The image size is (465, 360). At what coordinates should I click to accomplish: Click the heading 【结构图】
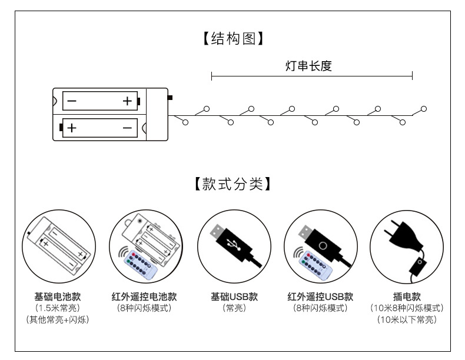(232, 39)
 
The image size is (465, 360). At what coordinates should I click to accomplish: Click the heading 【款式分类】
(232, 184)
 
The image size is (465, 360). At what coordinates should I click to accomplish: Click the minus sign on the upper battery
(72, 101)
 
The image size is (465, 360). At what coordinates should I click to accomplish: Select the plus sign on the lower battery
(72, 127)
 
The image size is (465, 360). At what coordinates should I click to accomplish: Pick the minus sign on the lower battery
(127, 127)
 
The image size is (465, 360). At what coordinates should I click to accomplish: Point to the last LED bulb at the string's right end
(424, 109)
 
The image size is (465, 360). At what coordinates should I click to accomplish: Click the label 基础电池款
(57, 296)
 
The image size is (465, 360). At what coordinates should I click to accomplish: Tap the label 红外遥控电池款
(144, 296)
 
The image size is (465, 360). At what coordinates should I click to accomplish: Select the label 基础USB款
(234, 296)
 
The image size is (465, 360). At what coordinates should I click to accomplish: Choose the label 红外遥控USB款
(320, 296)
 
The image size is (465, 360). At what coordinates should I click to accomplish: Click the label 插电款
(407, 296)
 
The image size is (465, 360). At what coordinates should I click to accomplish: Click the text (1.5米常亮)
(57, 308)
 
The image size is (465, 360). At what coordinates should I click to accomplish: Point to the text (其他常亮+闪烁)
(57, 320)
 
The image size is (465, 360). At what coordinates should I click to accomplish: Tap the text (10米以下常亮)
(407, 320)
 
